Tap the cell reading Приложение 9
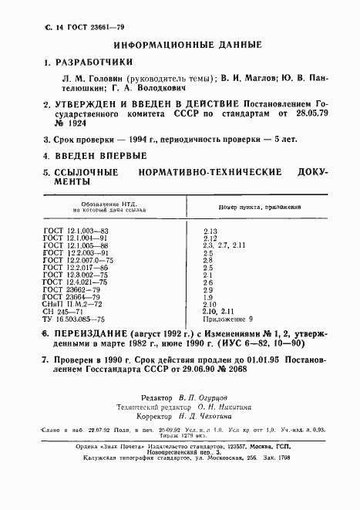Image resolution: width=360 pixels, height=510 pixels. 225,318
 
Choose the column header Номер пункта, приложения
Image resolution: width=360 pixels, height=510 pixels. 255,208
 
